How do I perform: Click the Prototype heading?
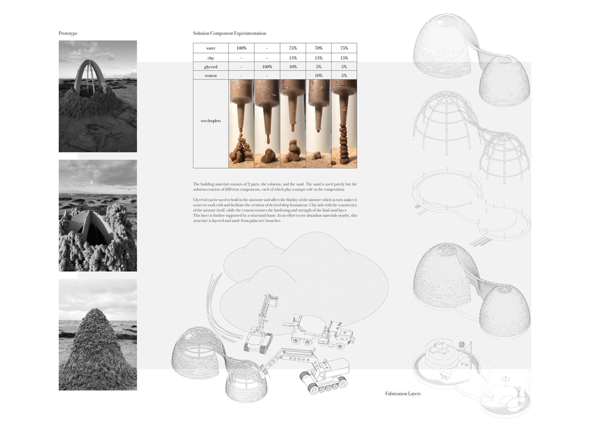(68, 33)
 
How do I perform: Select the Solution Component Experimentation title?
(229, 33)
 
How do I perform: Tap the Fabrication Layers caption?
(403, 393)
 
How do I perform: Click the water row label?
(211, 48)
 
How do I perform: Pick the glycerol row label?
(211, 67)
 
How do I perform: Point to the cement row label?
(211, 76)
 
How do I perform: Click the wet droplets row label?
(211, 121)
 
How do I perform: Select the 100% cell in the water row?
(241, 48)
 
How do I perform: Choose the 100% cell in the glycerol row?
(267, 67)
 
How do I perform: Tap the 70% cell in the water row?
(319, 48)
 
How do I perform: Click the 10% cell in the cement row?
(319, 75)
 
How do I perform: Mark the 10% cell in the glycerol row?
(293, 67)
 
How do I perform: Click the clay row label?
(211, 58)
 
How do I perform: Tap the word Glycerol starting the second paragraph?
(200, 200)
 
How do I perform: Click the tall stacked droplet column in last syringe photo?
(344, 145)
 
